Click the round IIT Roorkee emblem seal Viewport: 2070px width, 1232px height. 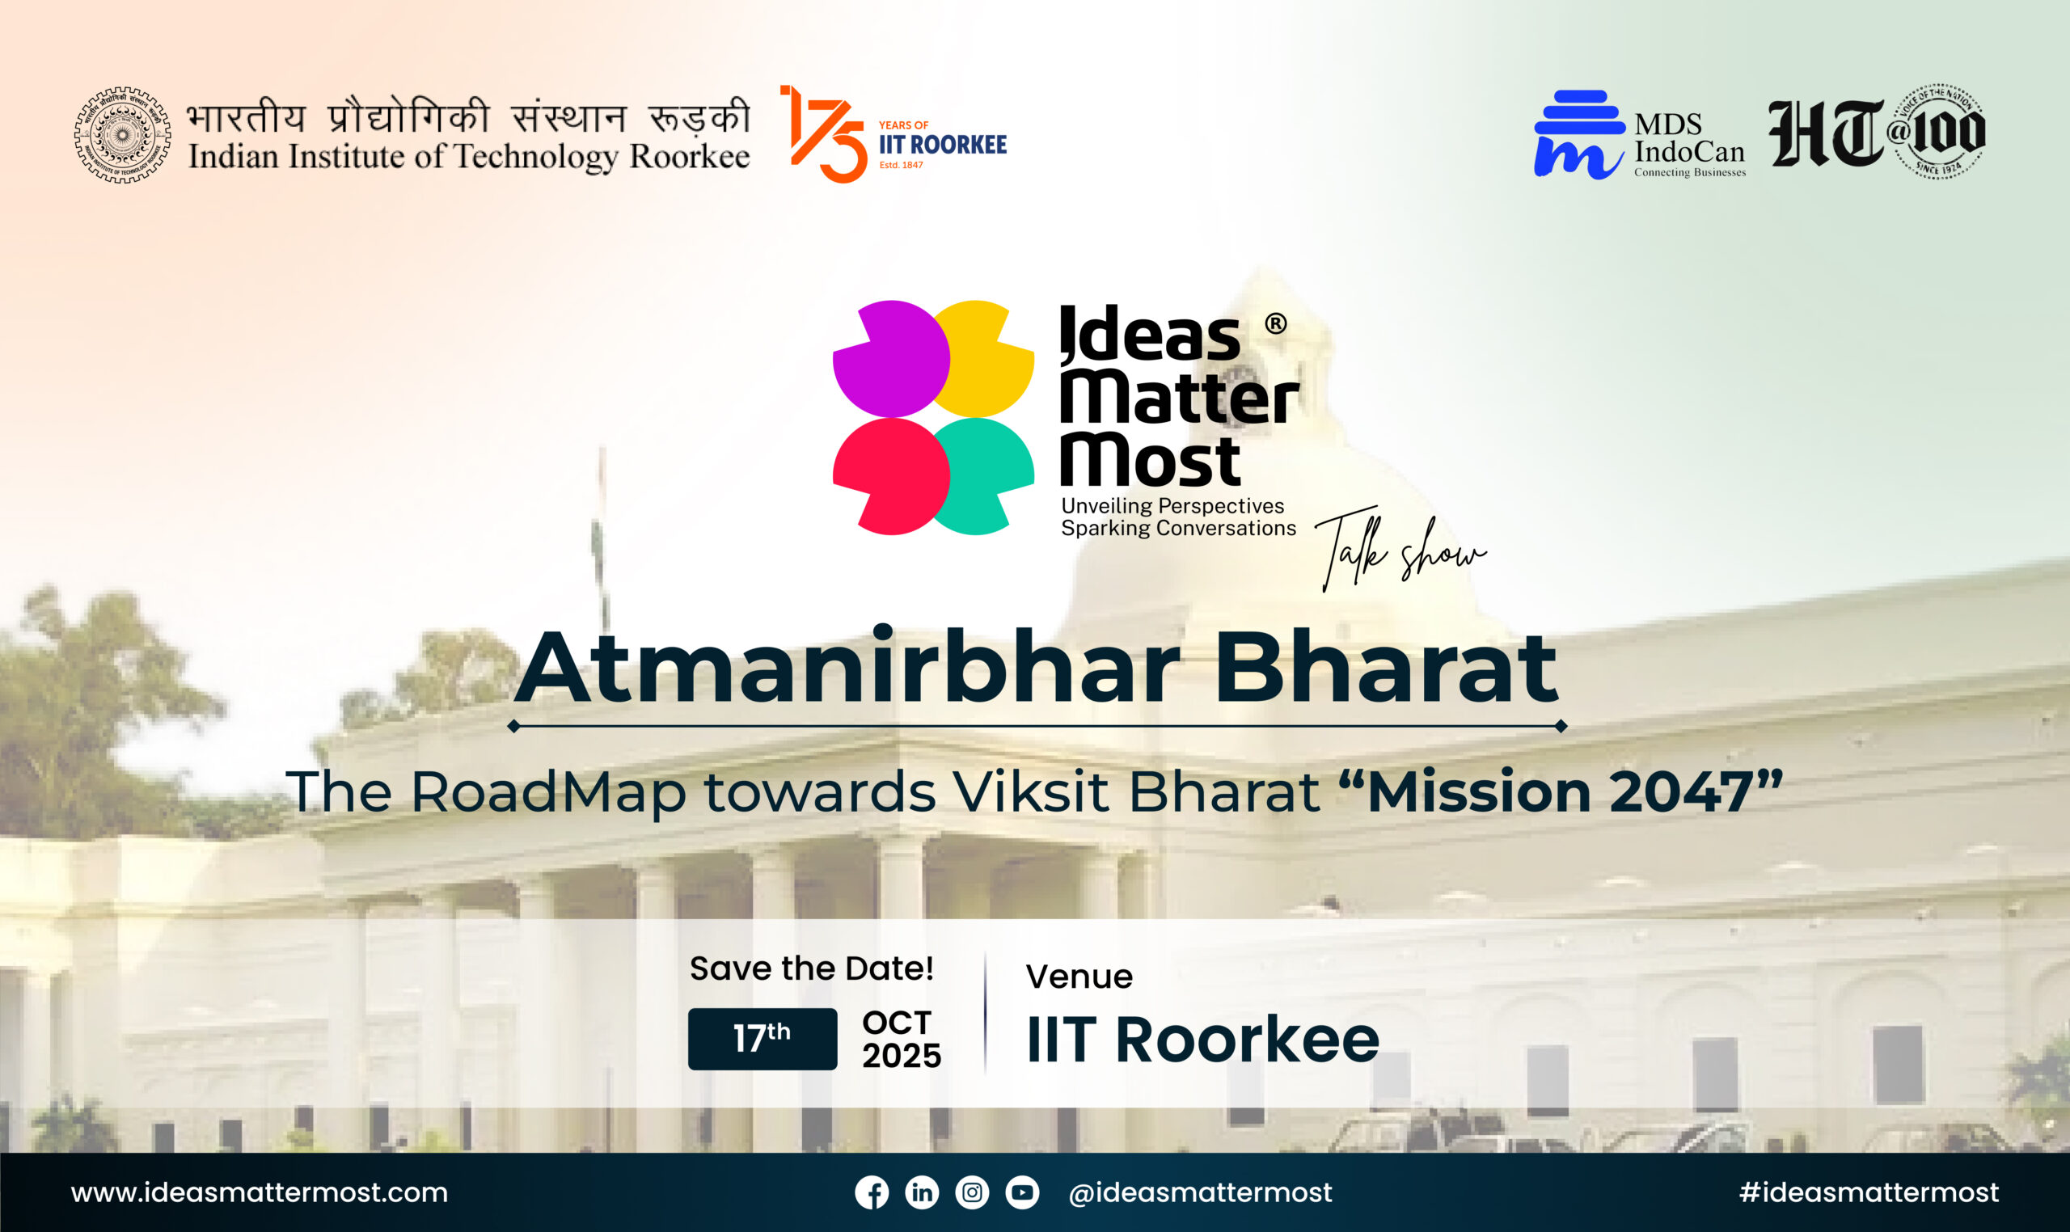point(123,134)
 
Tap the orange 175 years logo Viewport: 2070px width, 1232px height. point(824,133)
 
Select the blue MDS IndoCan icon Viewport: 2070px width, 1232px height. point(1578,133)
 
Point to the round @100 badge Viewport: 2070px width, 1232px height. point(1941,130)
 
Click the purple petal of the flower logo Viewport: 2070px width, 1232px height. point(891,359)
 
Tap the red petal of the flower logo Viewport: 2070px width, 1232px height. point(891,476)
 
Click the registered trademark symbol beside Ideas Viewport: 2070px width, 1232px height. point(1275,324)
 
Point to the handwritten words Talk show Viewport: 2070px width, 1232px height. point(1400,550)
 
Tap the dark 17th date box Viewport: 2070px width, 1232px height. point(763,1039)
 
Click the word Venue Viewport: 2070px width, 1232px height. point(1079,977)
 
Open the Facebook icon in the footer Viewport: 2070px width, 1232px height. point(871,1193)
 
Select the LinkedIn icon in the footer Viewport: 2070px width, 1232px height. point(922,1193)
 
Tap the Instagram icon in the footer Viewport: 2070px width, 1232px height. point(972,1193)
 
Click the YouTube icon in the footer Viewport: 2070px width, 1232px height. point(1022,1193)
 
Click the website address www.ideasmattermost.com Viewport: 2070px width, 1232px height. point(259,1193)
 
